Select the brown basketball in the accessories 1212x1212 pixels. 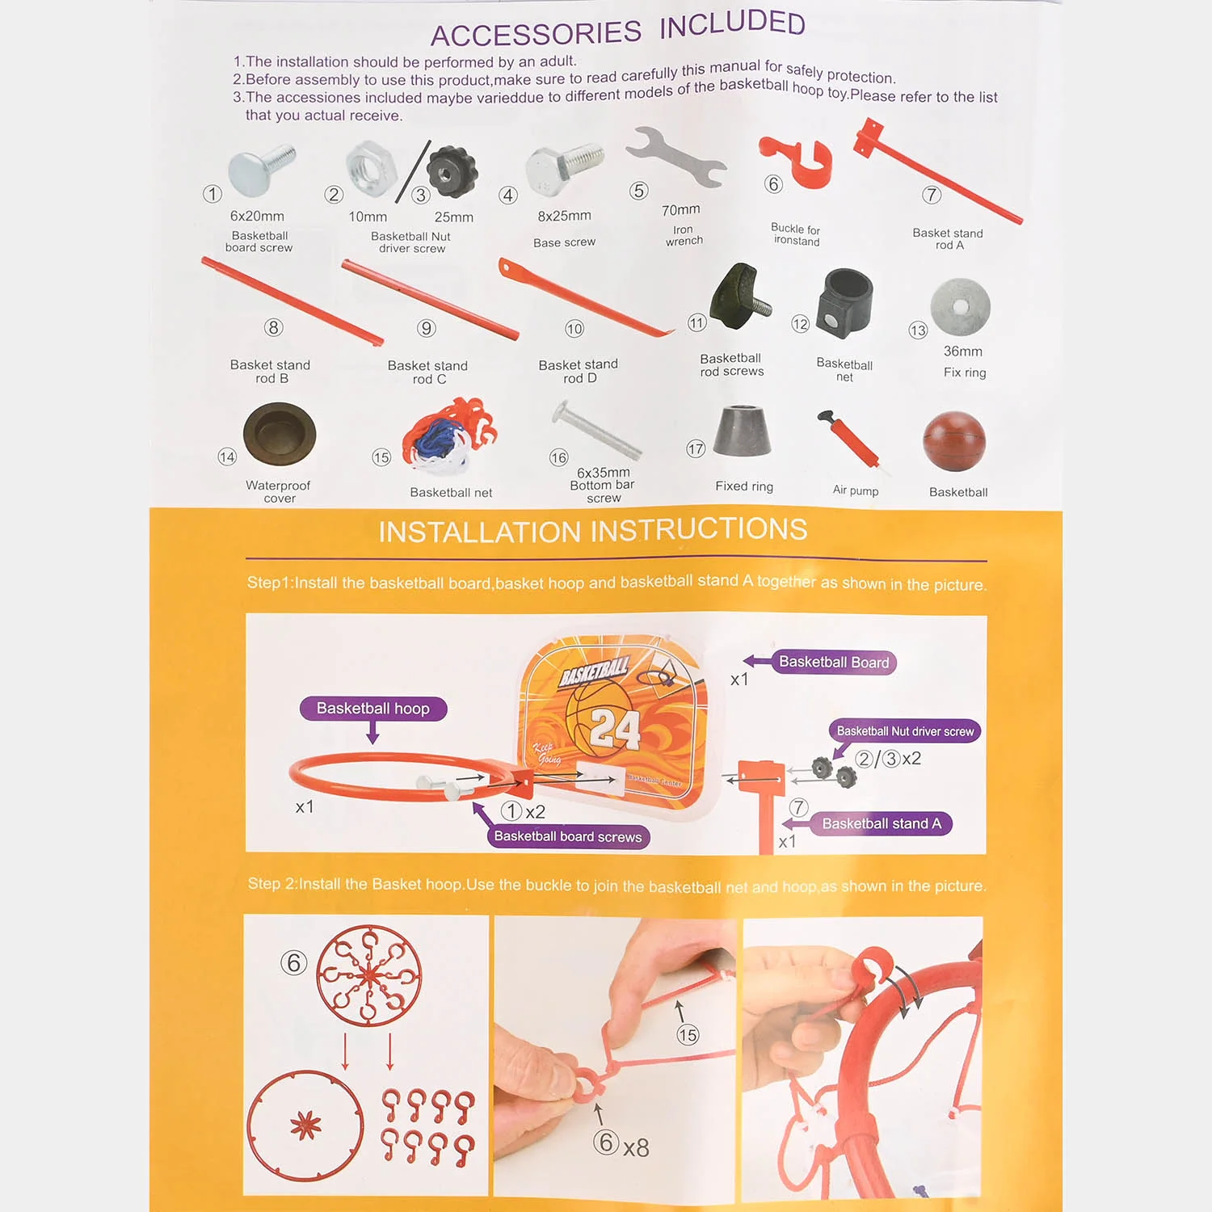coord(954,441)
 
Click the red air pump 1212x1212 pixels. coord(850,441)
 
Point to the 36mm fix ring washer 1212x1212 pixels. coord(960,307)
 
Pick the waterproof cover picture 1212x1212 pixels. coord(280,433)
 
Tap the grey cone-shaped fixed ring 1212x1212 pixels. coord(742,430)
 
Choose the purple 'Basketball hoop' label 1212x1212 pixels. coord(372,709)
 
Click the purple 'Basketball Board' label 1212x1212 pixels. coord(834,663)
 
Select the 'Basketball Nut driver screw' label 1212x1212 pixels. coord(905,731)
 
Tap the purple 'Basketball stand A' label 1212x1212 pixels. coord(882,823)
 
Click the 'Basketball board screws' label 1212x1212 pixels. coord(568,836)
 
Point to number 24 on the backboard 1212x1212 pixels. coord(614,730)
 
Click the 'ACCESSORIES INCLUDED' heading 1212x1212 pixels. coord(618,29)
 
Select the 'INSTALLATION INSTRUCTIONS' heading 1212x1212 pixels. coord(593,530)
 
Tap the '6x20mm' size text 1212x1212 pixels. coord(257,216)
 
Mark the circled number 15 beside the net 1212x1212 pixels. coord(381,457)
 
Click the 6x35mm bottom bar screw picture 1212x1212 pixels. coord(596,431)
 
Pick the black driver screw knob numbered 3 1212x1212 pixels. coord(452,171)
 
